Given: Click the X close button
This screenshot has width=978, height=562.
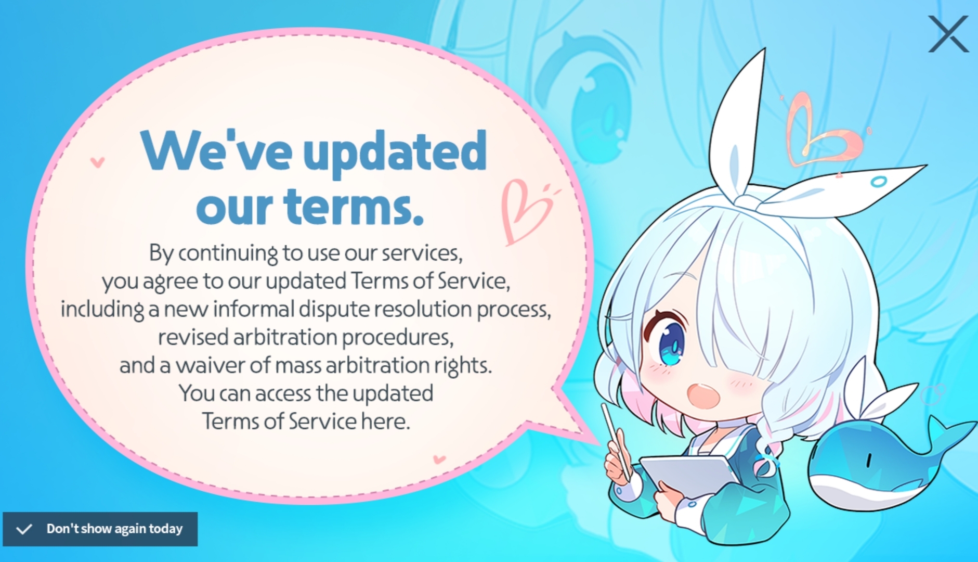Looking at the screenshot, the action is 948,34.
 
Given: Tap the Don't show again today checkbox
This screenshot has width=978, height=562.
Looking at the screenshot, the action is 24,529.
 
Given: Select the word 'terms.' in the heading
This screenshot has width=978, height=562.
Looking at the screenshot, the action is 354,206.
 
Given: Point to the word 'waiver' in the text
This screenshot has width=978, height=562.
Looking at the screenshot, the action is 210,365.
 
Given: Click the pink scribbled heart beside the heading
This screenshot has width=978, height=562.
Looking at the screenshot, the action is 525,211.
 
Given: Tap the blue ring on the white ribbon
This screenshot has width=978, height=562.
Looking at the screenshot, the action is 879,182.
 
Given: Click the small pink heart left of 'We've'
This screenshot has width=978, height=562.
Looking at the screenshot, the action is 97,162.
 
